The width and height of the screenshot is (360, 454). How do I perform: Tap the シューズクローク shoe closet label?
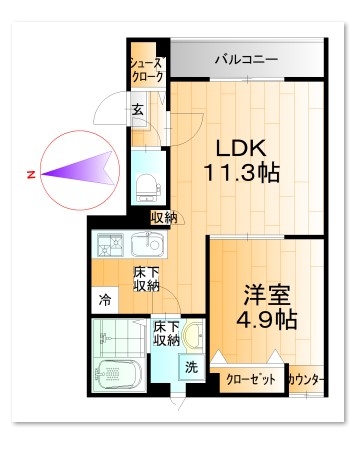coord(145,70)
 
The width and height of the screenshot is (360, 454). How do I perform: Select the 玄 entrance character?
coord(137,110)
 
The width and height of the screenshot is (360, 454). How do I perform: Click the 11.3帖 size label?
coord(241,171)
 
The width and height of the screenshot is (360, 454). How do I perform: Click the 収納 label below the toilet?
coord(163,217)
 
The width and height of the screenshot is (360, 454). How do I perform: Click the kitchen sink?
coord(147,243)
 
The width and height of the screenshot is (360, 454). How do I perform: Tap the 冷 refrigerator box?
coord(104,297)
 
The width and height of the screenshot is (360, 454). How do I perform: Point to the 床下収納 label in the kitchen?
coord(147,279)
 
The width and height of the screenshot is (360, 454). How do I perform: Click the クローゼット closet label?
coord(249,380)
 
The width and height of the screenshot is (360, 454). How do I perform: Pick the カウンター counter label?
coord(306,380)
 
